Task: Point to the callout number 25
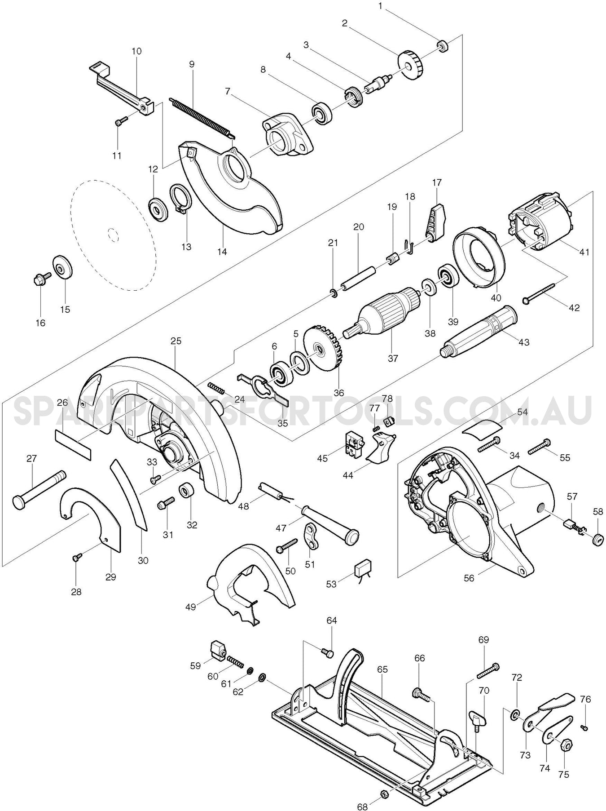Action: pyautogui.click(x=176, y=341)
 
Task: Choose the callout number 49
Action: pyautogui.click(x=191, y=607)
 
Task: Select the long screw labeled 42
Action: pyautogui.click(x=540, y=291)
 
